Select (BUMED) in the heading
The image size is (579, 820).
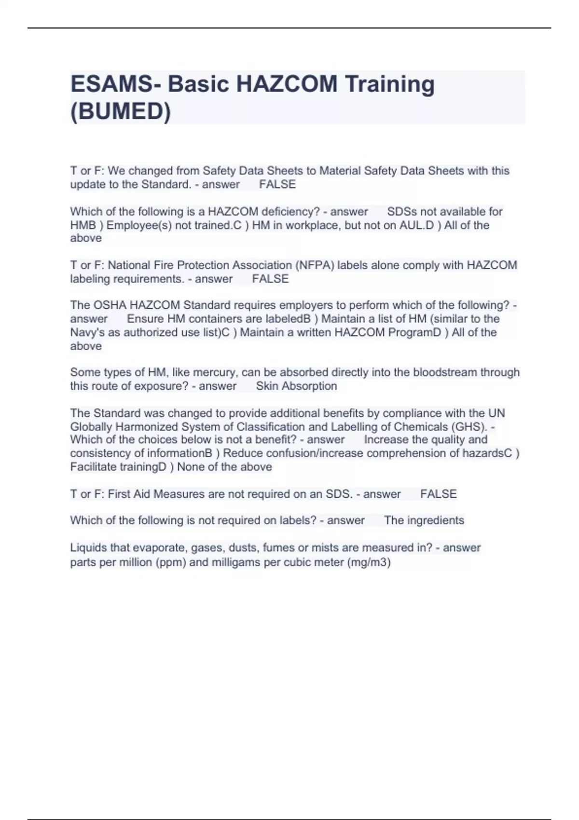tap(121, 111)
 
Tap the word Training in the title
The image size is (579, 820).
tap(389, 84)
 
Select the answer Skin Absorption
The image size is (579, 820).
tap(296, 386)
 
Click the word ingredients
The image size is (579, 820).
tap(436, 520)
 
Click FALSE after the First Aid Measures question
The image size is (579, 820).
tap(438, 494)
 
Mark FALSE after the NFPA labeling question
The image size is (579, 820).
tap(270, 279)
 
